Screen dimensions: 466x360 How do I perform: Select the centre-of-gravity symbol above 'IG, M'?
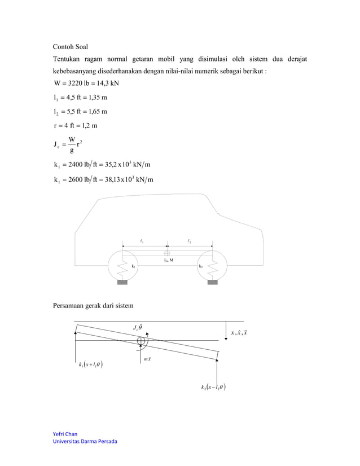click(167, 252)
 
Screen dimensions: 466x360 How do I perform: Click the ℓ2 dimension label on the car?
click(189, 241)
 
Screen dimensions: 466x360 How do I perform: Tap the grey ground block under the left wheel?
click(122, 282)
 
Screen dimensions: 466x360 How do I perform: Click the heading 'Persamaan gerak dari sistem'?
click(93, 306)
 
